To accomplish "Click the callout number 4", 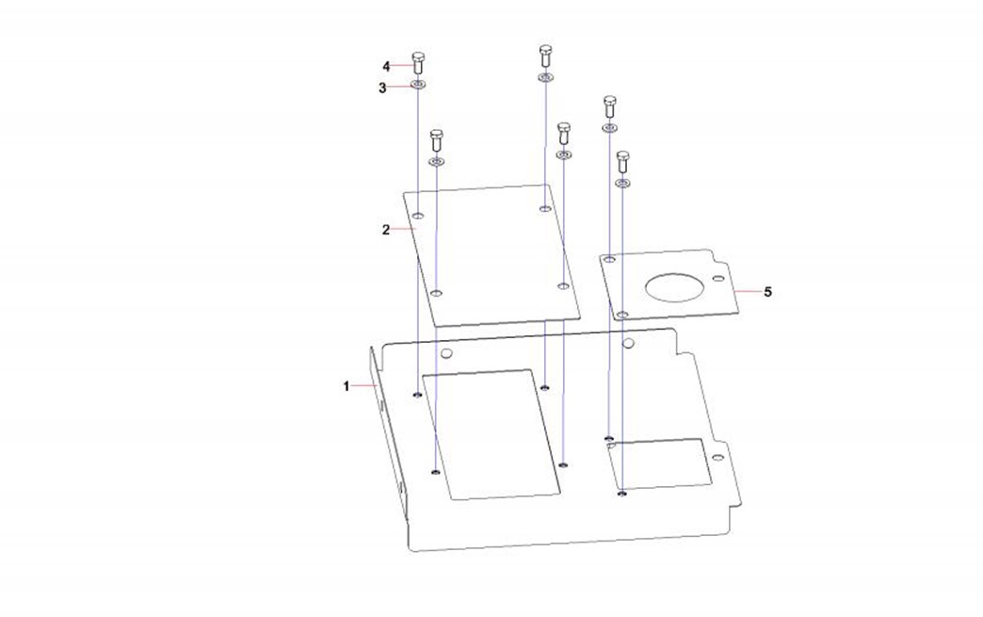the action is (x=386, y=67).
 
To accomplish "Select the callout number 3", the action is (x=382, y=88).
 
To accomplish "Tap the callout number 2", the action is (x=385, y=230).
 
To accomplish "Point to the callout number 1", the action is (x=346, y=386).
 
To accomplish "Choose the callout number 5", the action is (x=767, y=292).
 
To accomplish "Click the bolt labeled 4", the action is (x=418, y=63).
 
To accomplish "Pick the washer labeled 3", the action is (x=418, y=85).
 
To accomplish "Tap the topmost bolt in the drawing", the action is (x=545, y=56).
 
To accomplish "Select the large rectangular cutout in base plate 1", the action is (x=491, y=434).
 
